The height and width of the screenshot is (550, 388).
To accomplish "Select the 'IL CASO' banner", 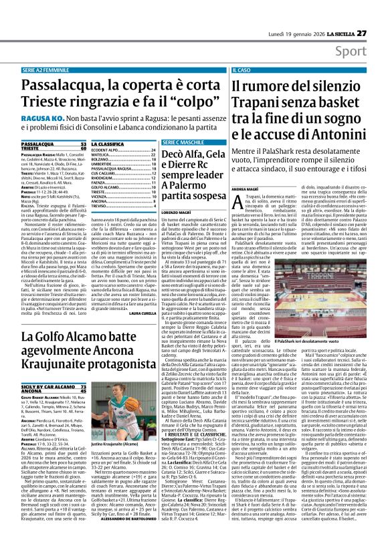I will click(241, 70).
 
